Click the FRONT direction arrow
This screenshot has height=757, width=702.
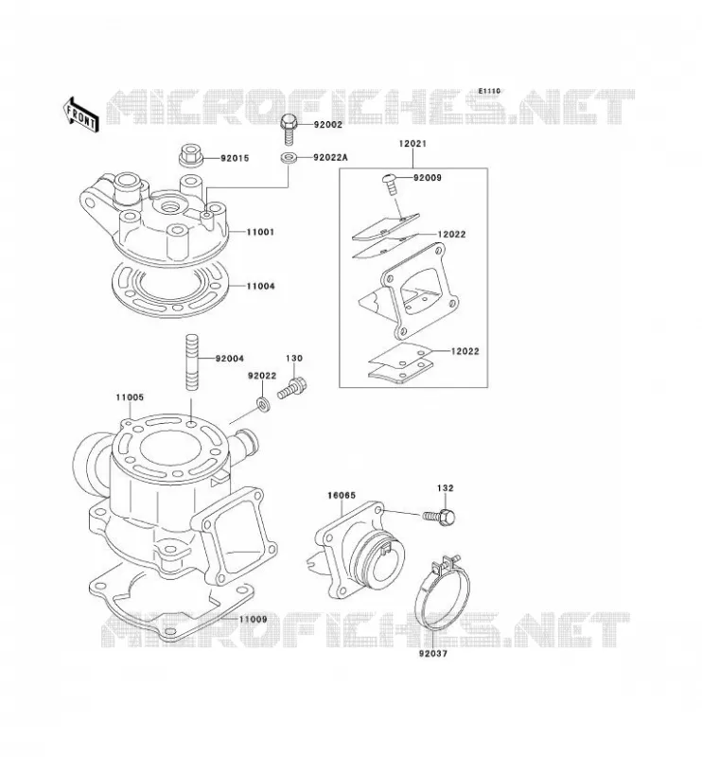click(x=80, y=114)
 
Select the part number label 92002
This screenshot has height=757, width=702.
click(x=328, y=125)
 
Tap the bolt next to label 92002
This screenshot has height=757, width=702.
click(x=289, y=129)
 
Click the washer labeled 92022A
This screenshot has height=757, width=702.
click(x=289, y=157)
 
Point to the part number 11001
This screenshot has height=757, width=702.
click(x=260, y=232)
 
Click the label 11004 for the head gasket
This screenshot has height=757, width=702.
click(x=261, y=286)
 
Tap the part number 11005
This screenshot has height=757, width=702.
click(x=130, y=397)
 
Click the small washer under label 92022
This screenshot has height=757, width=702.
click(x=263, y=403)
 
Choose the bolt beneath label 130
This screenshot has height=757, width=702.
click(x=292, y=389)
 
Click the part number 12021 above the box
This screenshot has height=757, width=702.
click(x=412, y=144)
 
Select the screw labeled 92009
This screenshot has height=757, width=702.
click(x=391, y=184)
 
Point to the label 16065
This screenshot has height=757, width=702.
click(x=342, y=495)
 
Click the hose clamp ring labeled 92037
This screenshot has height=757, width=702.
click(x=442, y=595)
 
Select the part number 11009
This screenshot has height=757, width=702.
click(x=252, y=619)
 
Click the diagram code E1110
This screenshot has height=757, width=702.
click(x=489, y=91)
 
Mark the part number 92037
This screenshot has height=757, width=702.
click(x=433, y=653)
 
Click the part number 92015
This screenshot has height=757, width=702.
click(x=235, y=158)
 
